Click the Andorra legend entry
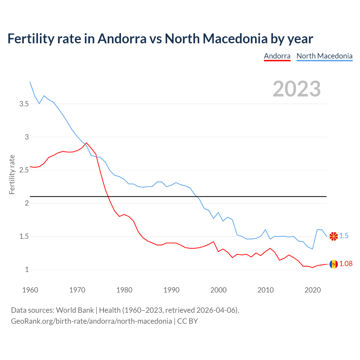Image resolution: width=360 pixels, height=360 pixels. [x=277, y=56]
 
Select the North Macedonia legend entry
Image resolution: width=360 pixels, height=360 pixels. [x=324, y=56]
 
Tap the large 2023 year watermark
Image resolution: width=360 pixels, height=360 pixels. [x=296, y=89]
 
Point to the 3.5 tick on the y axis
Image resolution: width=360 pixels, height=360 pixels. [x=24, y=104]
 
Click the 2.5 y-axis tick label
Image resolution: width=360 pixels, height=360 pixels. [x=24, y=170]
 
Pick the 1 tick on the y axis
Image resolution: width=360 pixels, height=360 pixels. [x=27, y=269]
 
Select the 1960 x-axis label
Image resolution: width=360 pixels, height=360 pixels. [x=30, y=290]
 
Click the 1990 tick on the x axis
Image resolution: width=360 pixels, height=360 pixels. [x=171, y=290]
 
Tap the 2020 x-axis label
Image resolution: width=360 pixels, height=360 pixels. [x=312, y=290]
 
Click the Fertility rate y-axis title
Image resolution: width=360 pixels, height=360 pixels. [x=12, y=174]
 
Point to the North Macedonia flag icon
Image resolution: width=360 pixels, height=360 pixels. [x=334, y=236]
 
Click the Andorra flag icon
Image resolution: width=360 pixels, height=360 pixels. [x=334, y=264]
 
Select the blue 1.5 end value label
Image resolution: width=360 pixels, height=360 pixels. [x=344, y=236]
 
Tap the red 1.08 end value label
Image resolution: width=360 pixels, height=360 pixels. [x=346, y=264]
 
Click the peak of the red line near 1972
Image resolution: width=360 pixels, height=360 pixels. [x=86, y=143]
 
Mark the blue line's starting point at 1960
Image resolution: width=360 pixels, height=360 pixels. [x=30, y=82]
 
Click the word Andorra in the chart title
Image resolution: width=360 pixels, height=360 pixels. [x=122, y=39]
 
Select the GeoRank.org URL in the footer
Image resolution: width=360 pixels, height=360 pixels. [x=91, y=321]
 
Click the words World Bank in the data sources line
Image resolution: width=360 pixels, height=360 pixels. [x=75, y=310]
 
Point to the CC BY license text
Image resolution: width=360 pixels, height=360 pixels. [x=188, y=321]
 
